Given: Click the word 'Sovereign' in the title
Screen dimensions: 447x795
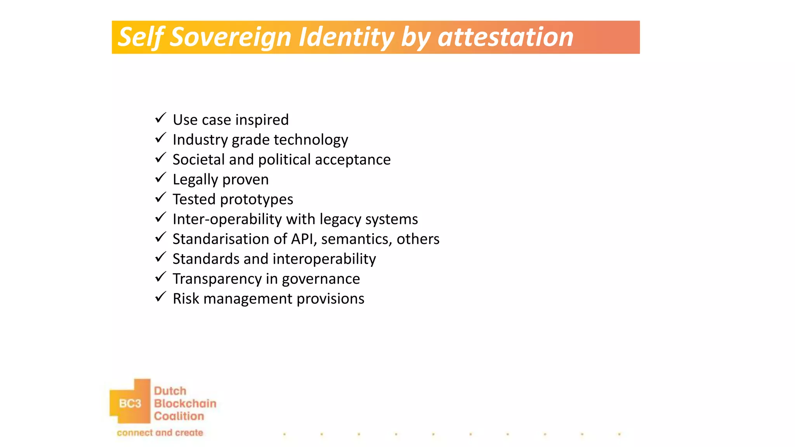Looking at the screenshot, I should click(x=231, y=37).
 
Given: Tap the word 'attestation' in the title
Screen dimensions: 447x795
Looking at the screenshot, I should click(x=505, y=37).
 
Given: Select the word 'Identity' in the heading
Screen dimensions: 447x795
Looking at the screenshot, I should click(x=346, y=37).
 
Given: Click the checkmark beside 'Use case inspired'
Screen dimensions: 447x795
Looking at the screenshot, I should click(x=160, y=118).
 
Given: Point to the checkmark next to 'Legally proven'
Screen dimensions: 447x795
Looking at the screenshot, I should click(x=160, y=178).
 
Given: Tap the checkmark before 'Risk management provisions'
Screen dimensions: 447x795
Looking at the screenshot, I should click(x=160, y=297).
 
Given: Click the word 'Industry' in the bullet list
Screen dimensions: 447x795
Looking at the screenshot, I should click(x=200, y=140).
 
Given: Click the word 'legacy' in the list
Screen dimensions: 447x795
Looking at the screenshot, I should click(x=340, y=220).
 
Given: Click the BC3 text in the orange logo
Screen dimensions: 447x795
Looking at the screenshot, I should click(x=130, y=404).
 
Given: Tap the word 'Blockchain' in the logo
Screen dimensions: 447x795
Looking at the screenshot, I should click(x=185, y=404).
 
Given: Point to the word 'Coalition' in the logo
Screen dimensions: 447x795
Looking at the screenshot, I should click(x=179, y=416).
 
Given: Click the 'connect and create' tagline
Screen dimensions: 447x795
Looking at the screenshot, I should click(x=160, y=433).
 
